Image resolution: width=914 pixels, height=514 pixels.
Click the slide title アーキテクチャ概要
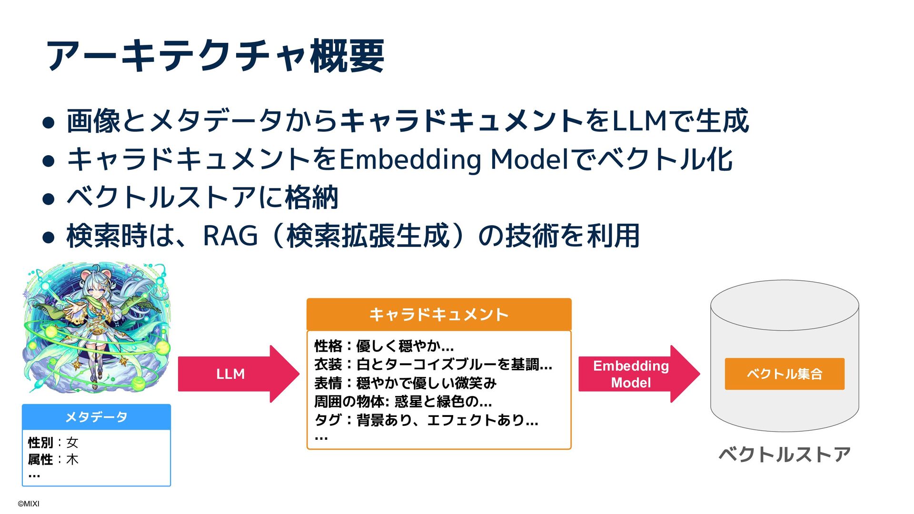[x=215, y=56]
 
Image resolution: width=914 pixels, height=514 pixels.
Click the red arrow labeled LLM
[x=233, y=374]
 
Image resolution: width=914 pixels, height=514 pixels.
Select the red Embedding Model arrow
[x=633, y=374]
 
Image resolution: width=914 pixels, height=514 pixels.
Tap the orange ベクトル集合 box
[x=784, y=374]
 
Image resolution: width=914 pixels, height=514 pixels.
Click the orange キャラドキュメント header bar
[x=438, y=315]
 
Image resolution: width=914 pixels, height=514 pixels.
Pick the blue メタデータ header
[x=96, y=417]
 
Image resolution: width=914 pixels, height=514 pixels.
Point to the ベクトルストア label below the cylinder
[x=784, y=455]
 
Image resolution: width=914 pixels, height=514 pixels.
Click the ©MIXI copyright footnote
[x=29, y=504]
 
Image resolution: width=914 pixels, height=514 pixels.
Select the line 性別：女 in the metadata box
[x=53, y=443]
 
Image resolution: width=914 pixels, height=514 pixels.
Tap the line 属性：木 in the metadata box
[x=53, y=459]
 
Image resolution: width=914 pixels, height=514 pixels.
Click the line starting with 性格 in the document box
[x=384, y=346]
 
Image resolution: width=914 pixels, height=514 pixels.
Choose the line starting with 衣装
[x=433, y=365]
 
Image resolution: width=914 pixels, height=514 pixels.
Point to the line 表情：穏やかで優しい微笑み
[x=405, y=383]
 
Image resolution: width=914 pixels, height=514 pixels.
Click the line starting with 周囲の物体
[x=403, y=402]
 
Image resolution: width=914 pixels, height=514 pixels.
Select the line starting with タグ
[x=426, y=420]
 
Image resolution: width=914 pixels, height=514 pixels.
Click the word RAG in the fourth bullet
[x=230, y=236]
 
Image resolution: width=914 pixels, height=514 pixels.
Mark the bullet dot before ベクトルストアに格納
[x=48, y=198]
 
